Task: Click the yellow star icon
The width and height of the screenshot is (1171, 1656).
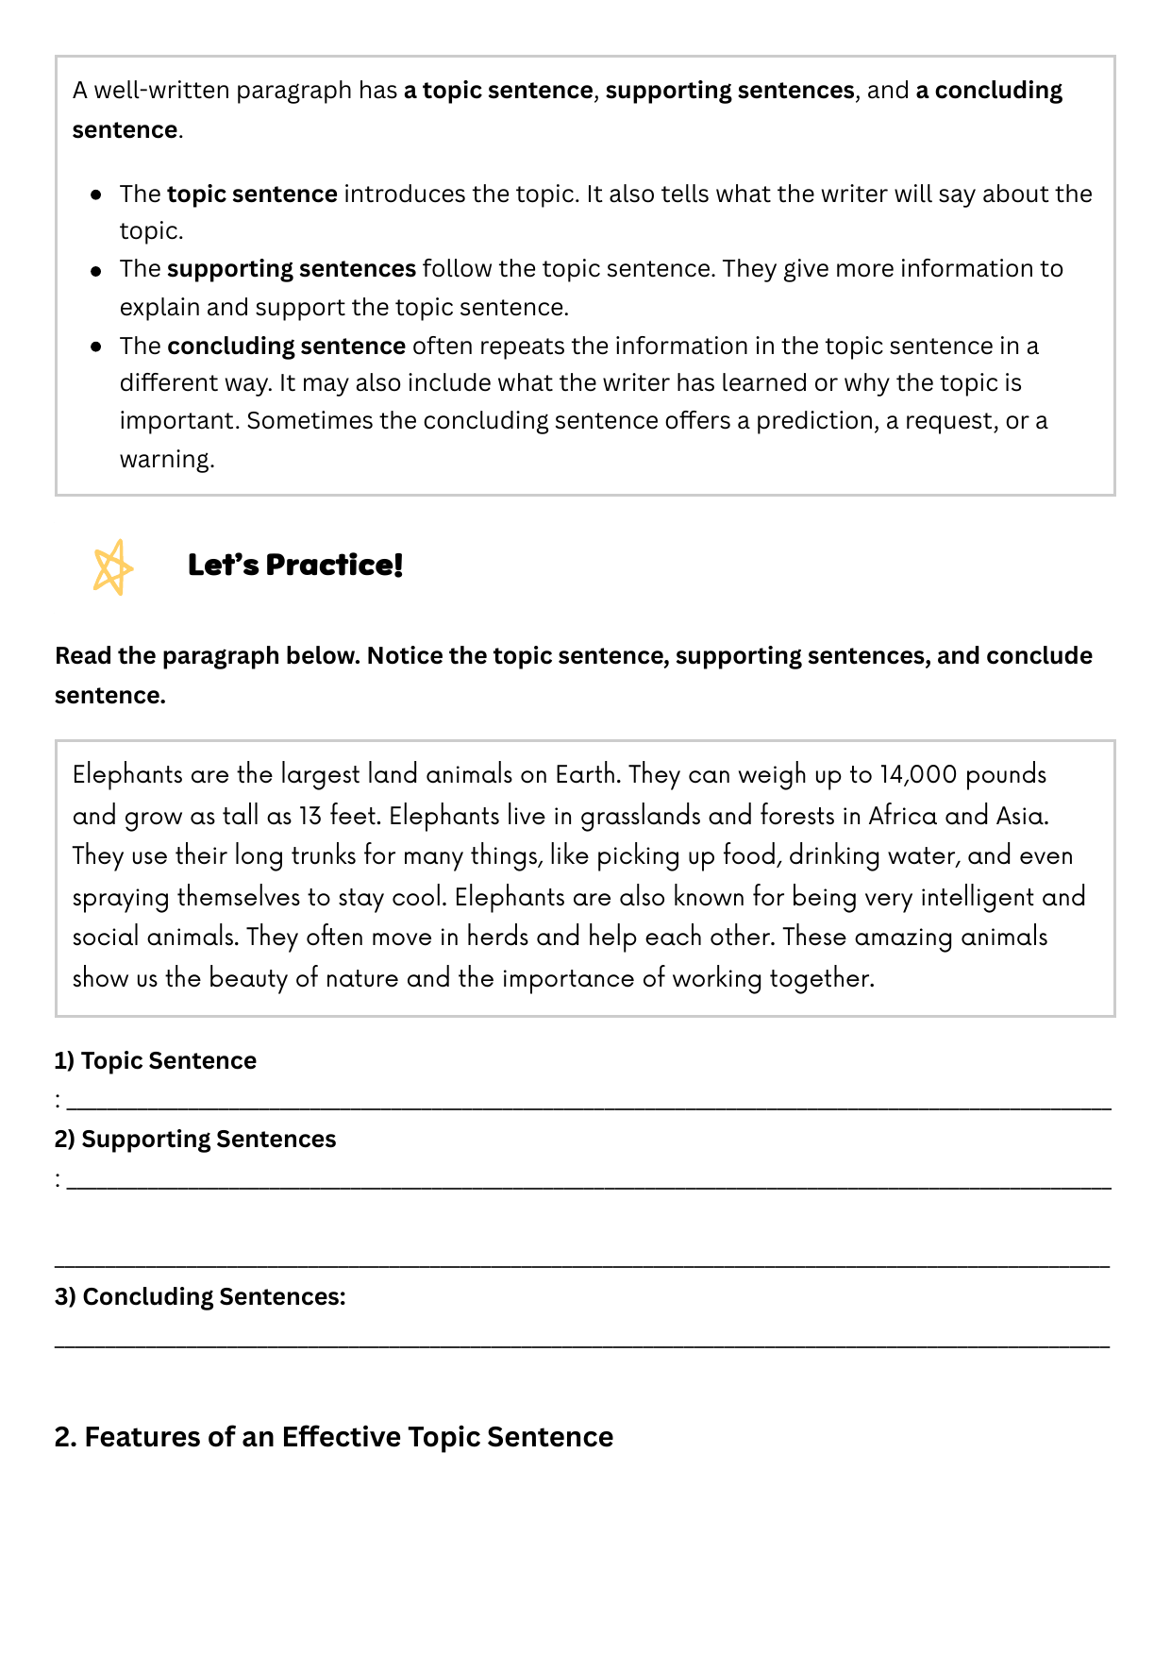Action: pyautogui.click(x=112, y=567)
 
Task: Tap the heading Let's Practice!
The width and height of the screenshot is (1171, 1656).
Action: pyautogui.click(x=295, y=565)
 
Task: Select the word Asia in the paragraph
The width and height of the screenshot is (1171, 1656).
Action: pyautogui.click(x=1022, y=815)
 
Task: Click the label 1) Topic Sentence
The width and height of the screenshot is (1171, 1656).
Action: pyautogui.click(x=156, y=1060)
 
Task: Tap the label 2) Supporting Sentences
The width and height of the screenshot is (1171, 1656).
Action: pyautogui.click(x=195, y=1139)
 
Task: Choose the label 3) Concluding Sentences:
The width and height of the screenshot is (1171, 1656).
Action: pyautogui.click(x=200, y=1296)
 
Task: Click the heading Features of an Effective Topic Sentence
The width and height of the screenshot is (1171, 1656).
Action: pyautogui.click(x=334, y=1437)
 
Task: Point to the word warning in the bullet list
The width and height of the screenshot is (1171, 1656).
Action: pyautogui.click(x=166, y=460)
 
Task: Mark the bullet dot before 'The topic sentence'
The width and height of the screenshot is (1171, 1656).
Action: pyautogui.click(x=96, y=194)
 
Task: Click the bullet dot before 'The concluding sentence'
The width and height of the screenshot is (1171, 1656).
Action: pyautogui.click(x=96, y=346)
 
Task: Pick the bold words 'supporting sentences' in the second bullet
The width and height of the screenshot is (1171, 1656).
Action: pyautogui.click(x=292, y=269)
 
